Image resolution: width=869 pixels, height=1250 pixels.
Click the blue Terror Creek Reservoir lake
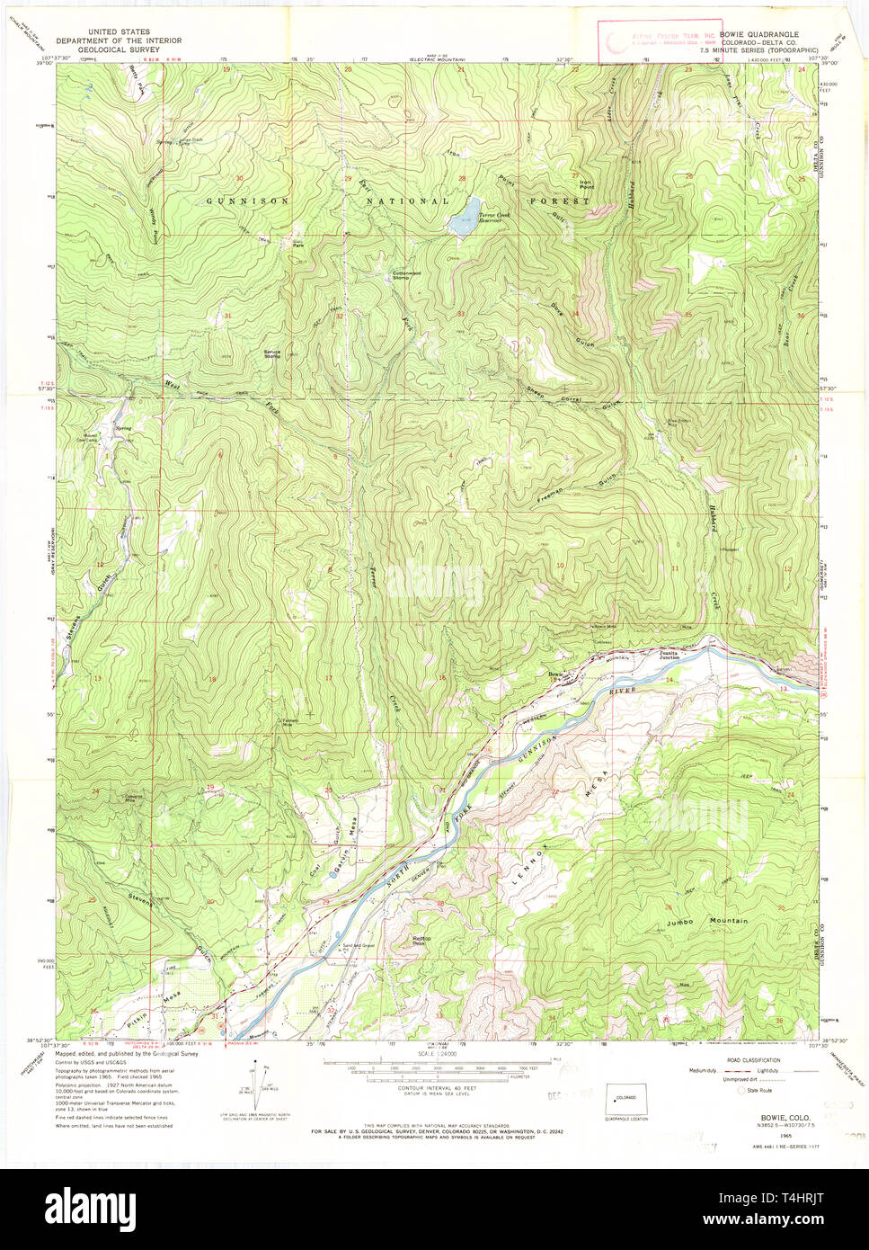[465, 216]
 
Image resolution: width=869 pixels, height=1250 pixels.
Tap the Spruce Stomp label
[272, 353]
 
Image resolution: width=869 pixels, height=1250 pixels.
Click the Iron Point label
[586, 184]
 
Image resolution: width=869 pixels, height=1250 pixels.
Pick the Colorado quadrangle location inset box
[626, 1098]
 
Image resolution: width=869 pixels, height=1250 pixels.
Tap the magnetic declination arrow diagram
[262, 1084]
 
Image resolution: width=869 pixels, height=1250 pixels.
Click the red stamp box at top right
[660, 40]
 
